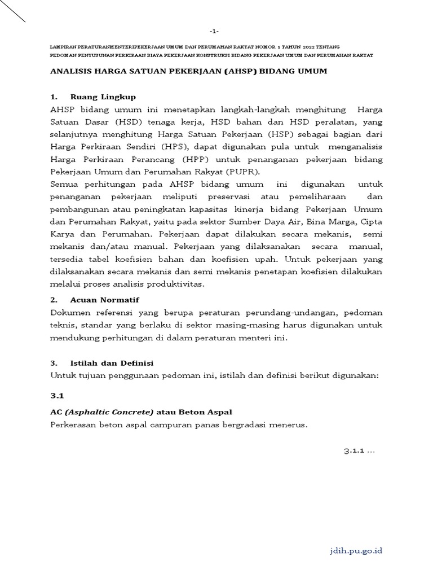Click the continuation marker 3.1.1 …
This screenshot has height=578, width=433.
pyautogui.click(x=359, y=450)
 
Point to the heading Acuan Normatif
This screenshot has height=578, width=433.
pyautogui.click(x=104, y=299)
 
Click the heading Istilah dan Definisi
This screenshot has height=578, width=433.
pyautogui.click(x=112, y=363)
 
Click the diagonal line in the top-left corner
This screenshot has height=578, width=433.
pyautogui.click(x=12, y=11)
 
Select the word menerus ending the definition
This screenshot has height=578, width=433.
pyautogui.click(x=287, y=425)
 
